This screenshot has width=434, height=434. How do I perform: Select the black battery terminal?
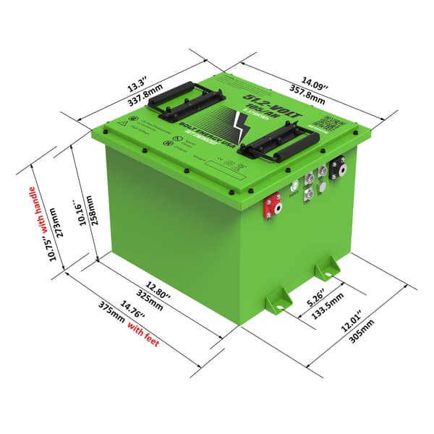[x=337, y=169]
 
